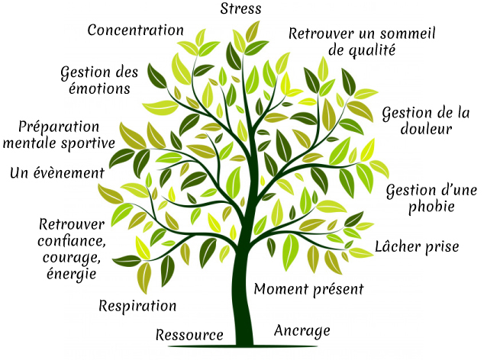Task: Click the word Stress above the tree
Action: pos(240,9)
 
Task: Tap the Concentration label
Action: pos(135,31)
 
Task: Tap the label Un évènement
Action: pos(56,173)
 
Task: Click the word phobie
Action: pos(432,206)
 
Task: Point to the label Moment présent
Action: pos(308,289)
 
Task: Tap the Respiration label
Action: pos(137,306)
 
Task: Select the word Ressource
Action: pos(189,335)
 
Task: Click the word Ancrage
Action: pos(302,330)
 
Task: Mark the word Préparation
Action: pos(59,127)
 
